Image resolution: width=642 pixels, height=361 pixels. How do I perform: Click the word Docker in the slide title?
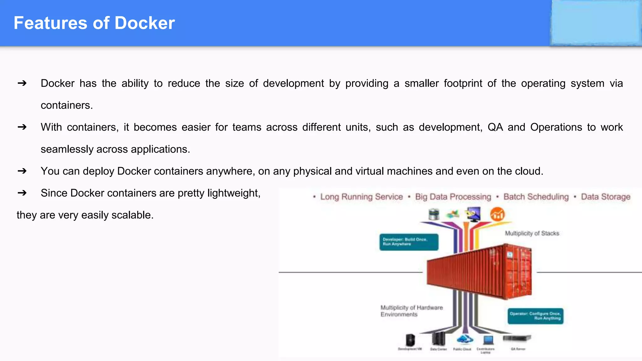tap(145, 23)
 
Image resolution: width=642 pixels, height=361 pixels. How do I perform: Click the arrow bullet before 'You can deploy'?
tap(22, 171)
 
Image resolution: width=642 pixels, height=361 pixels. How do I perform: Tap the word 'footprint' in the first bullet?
tap(463, 83)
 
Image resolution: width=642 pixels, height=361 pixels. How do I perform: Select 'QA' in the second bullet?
tap(495, 127)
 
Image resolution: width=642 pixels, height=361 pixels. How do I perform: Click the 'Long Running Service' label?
tap(361, 197)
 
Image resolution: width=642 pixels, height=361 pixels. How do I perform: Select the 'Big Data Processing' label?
tap(453, 197)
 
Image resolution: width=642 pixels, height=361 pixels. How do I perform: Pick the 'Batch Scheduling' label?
tap(536, 197)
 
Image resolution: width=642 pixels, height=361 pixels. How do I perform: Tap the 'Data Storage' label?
tap(605, 197)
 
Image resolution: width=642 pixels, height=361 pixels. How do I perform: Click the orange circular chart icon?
tap(497, 215)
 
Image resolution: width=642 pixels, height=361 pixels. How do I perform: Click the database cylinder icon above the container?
tap(434, 214)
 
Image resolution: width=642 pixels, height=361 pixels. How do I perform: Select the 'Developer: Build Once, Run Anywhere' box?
tap(409, 242)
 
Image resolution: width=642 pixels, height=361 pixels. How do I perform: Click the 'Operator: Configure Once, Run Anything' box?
tap(535, 316)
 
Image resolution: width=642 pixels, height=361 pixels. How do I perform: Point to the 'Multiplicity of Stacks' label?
tap(532, 233)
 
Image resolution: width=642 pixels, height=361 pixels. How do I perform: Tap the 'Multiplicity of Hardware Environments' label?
tap(411, 311)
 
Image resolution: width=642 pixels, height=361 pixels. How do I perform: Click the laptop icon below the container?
tap(488, 340)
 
